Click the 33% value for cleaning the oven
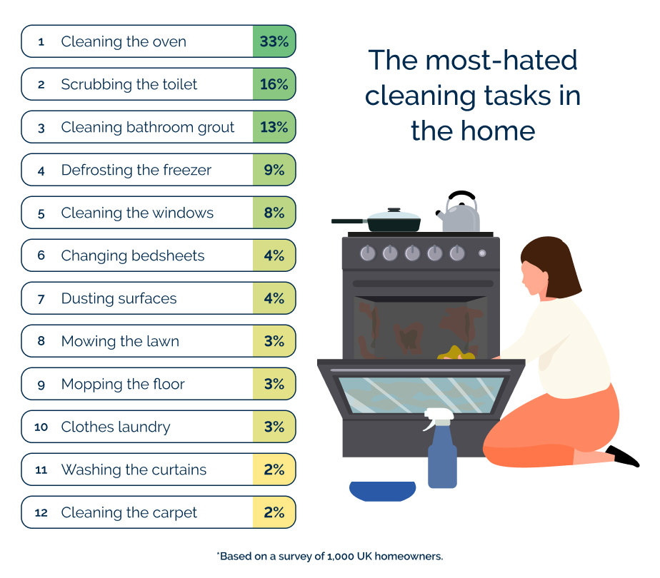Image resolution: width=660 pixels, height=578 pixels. coord(274,41)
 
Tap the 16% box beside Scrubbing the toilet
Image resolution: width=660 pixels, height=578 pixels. coord(274,84)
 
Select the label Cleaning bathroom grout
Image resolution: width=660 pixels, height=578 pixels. coord(147,127)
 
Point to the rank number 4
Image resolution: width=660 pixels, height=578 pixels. coord(41,171)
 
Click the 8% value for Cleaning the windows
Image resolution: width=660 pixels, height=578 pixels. coord(274,213)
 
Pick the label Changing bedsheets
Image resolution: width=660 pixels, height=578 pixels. coord(133,255)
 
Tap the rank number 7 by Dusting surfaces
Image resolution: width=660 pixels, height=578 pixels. coord(41,299)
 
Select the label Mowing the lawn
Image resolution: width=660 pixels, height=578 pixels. coord(120,341)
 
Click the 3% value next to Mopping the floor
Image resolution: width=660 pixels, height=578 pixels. coord(274,384)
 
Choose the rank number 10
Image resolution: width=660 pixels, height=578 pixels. coord(41,427)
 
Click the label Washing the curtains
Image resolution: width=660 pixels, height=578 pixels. coord(134,470)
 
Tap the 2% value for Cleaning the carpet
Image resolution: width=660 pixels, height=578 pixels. coord(274,512)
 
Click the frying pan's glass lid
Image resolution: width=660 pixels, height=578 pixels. coord(394,213)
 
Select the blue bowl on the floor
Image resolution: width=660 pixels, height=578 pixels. coord(383,491)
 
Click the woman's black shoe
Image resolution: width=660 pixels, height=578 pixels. coord(623,457)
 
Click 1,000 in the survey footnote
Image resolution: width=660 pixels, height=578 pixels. coord(341,557)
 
